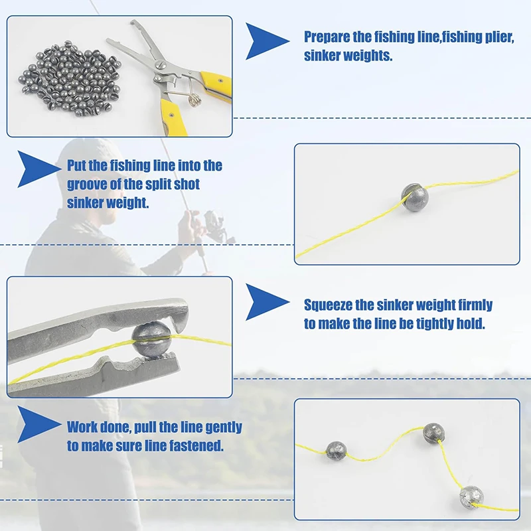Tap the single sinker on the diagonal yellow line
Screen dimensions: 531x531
click(415, 197)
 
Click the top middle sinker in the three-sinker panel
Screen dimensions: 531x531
click(433, 433)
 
